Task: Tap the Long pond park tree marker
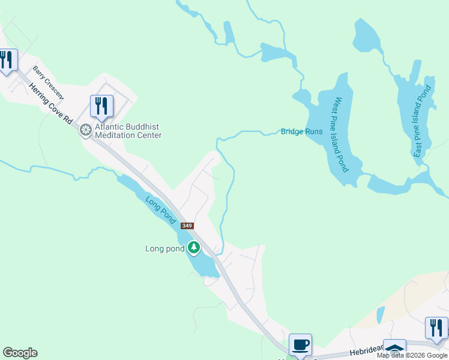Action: [193, 247]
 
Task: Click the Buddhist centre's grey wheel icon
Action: [86, 130]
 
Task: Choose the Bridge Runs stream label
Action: [301, 131]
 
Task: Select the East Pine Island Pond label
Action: [423, 121]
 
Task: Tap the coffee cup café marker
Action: [300, 345]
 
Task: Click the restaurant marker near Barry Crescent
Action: [101, 106]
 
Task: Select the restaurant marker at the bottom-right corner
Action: [436, 328]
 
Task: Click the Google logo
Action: [20, 353]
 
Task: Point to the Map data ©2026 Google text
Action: [412, 355]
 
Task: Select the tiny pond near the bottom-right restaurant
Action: [380, 315]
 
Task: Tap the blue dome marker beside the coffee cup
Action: [394, 349]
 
